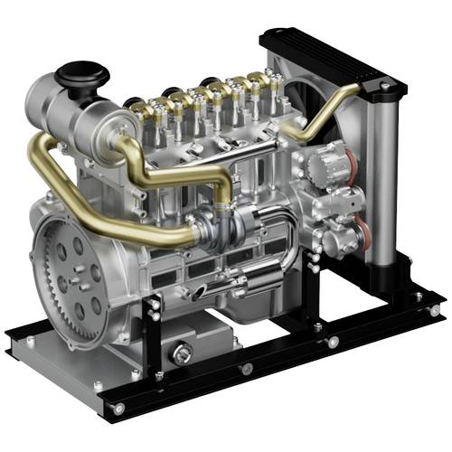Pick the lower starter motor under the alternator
coord(348,237)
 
